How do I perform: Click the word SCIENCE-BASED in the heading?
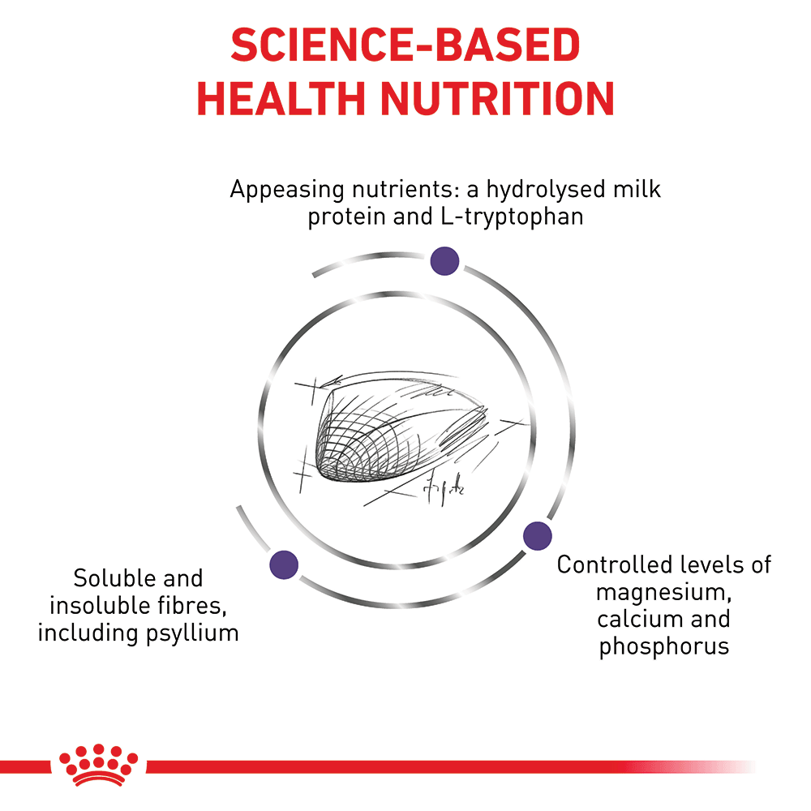405,47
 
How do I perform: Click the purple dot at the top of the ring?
444,260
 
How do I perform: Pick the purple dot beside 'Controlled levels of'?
537,535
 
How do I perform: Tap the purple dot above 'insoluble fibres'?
284,563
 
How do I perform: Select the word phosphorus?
664,646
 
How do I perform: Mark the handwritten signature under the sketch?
443,487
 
